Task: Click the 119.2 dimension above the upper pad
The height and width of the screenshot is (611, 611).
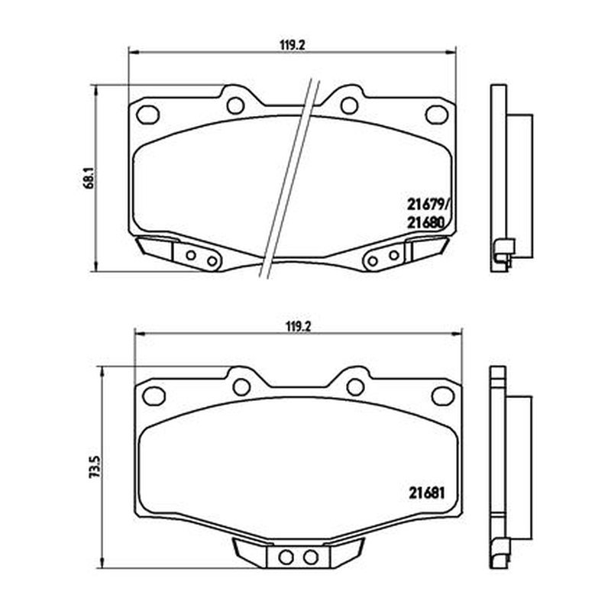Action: [292, 45]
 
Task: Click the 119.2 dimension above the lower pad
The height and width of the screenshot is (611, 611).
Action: [298, 327]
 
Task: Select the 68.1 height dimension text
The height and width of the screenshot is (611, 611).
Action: [89, 178]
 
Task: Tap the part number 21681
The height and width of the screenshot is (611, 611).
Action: [427, 493]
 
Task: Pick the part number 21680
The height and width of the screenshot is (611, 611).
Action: [426, 222]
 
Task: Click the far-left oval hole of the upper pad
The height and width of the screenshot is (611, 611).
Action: [148, 115]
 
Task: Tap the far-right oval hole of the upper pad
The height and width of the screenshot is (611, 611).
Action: [437, 115]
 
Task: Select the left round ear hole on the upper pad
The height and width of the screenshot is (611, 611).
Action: [235, 105]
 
